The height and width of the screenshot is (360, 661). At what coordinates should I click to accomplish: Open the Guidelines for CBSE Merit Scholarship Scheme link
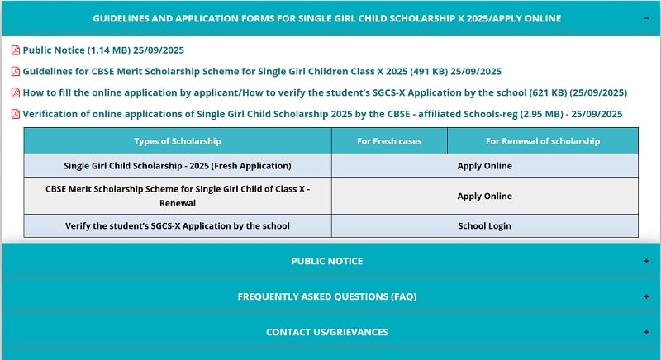click(261, 72)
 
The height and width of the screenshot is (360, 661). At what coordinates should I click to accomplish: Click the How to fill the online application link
click(324, 92)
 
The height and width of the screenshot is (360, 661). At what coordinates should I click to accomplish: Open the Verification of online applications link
click(322, 114)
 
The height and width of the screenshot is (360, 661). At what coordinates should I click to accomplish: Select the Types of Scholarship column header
click(177, 141)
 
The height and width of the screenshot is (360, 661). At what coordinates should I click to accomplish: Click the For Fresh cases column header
click(389, 141)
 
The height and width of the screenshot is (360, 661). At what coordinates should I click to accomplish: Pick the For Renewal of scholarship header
click(542, 141)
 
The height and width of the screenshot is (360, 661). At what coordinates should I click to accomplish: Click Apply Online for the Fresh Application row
click(484, 166)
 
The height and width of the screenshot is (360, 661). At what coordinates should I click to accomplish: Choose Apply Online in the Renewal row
click(484, 197)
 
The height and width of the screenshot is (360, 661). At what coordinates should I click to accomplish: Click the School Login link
click(484, 226)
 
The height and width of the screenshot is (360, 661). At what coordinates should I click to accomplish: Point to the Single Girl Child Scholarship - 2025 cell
click(177, 166)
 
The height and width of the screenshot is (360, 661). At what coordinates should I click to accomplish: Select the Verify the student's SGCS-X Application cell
click(177, 226)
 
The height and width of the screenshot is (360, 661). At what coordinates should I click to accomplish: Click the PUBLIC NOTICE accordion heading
click(326, 261)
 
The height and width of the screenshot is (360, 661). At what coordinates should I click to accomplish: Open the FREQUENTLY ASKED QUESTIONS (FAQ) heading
click(326, 296)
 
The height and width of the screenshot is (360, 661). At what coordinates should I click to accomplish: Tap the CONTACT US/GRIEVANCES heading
click(326, 332)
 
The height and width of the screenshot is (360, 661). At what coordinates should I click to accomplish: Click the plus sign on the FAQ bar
click(646, 296)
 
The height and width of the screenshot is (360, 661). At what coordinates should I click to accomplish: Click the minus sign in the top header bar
click(646, 18)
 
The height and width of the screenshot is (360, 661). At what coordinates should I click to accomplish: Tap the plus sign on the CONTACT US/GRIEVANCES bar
click(646, 332)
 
